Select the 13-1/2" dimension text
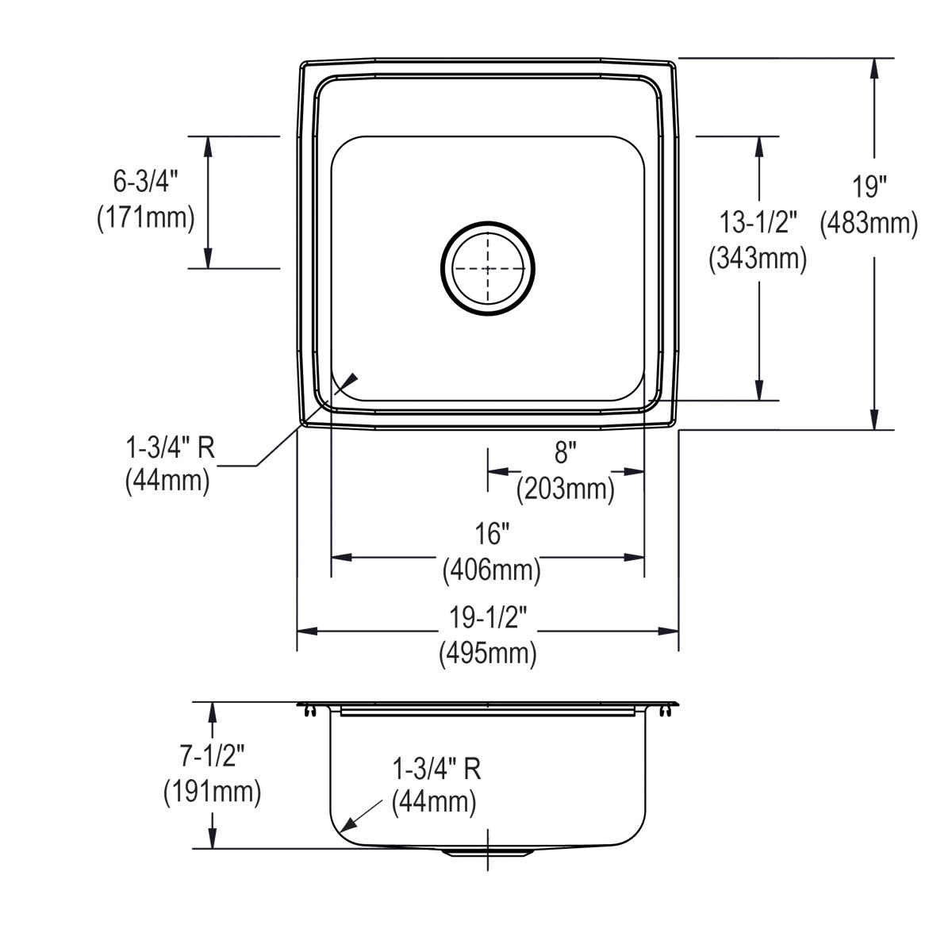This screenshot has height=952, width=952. point(758,223)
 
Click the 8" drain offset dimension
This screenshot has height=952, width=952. point(564,454)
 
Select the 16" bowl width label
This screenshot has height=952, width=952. point(491,535)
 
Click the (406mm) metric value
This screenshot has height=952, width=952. point(491,570)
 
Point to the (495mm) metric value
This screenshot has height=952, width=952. point(488,654)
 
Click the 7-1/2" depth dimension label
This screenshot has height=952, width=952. point(212,757)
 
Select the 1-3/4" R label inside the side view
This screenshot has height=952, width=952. point(436,768)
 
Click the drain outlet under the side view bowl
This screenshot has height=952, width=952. point(488,852)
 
